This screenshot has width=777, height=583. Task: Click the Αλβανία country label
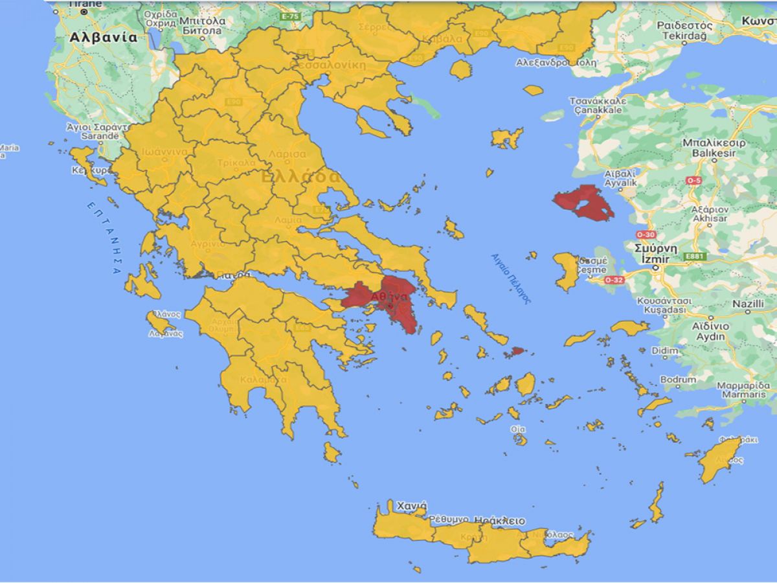click(104, 38)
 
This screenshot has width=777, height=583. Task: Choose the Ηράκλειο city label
click(499, 521)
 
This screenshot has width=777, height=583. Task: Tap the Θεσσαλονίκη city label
click(331, 65)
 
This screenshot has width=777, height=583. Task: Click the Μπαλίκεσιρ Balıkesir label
click(714, 148)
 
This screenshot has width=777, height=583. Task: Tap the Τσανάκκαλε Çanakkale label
click(597, 106)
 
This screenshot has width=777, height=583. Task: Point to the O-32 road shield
click(613, 280)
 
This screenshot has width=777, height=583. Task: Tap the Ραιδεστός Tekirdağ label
click(684, 30)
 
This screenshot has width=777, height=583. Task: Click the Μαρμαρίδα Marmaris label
click(742, 390)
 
